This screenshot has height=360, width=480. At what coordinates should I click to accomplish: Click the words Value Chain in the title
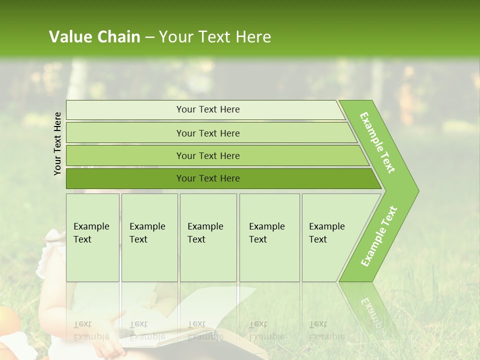(x=94, y=37)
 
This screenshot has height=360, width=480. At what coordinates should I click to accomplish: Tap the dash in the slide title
(x=149, y=37)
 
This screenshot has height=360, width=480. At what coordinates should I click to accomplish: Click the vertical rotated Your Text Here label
(x=58, y=143)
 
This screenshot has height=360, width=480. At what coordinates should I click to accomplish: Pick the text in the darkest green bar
(x=208, y=178)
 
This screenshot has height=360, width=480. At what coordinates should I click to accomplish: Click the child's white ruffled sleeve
(x=50, y=255)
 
